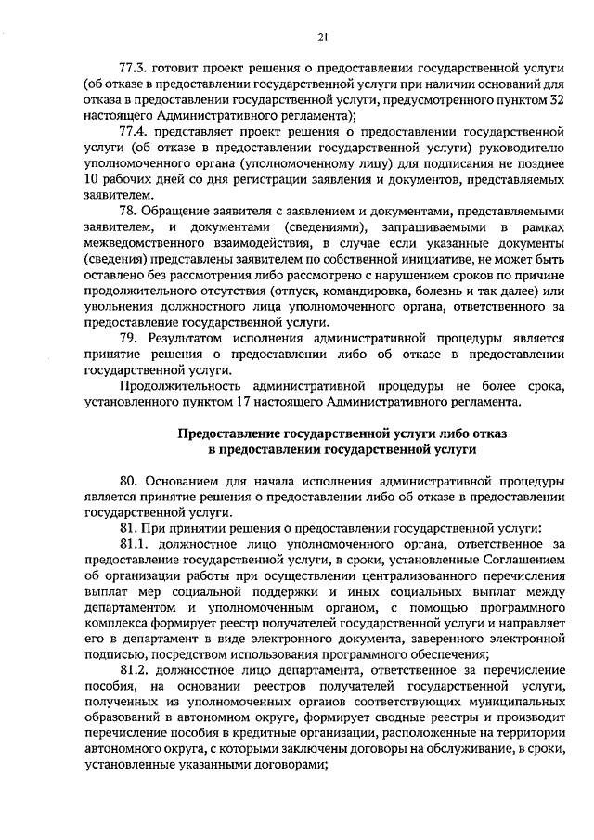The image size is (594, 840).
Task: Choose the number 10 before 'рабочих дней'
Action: (x=91, y=179)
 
